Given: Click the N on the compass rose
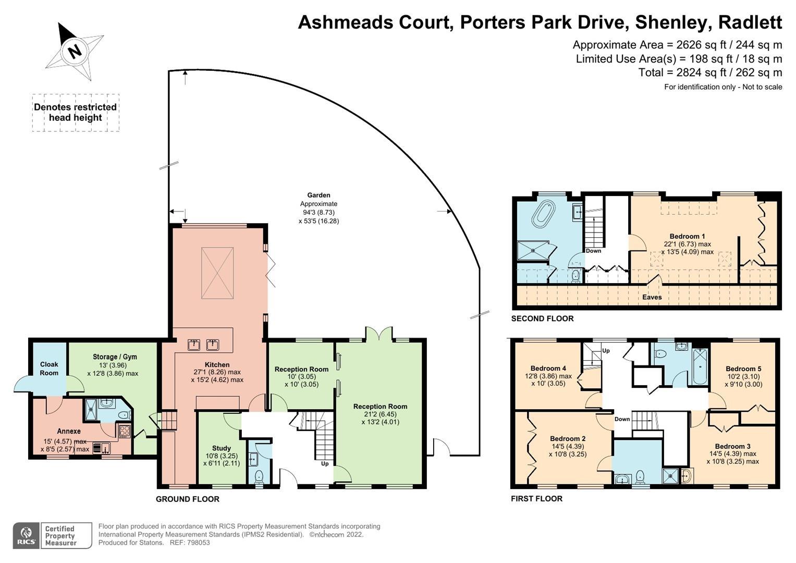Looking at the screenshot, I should click(76, 52).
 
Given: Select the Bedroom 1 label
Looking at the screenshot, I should click(687, 236).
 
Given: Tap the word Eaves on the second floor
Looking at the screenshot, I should click(652, 297).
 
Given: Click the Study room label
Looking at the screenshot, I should click(221, 448).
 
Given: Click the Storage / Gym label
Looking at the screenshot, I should click(115, 357).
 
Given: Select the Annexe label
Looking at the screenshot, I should click(69, 431).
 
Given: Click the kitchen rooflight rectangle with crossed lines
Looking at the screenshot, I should click(217, 273).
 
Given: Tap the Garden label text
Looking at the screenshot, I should click(319, 195).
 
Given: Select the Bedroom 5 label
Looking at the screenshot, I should click(743, 369).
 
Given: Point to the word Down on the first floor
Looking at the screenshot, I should click(622, 419).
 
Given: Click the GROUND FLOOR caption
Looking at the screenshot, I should click(188, 499).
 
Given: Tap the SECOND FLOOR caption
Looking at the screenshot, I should click(542, 319).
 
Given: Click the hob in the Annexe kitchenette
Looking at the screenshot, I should click(125, 431).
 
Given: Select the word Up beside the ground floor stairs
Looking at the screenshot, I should click(325, 463).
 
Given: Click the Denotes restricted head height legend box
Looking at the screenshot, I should click(76, 113).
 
